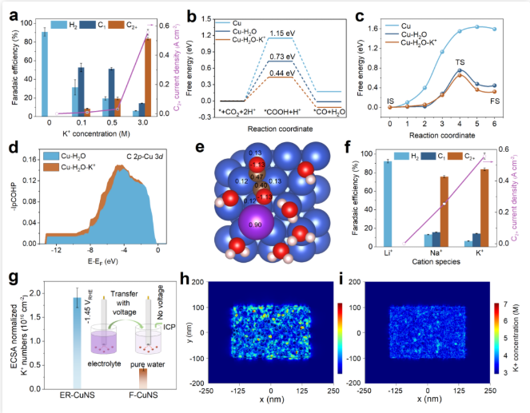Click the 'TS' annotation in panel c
(461, 62)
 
